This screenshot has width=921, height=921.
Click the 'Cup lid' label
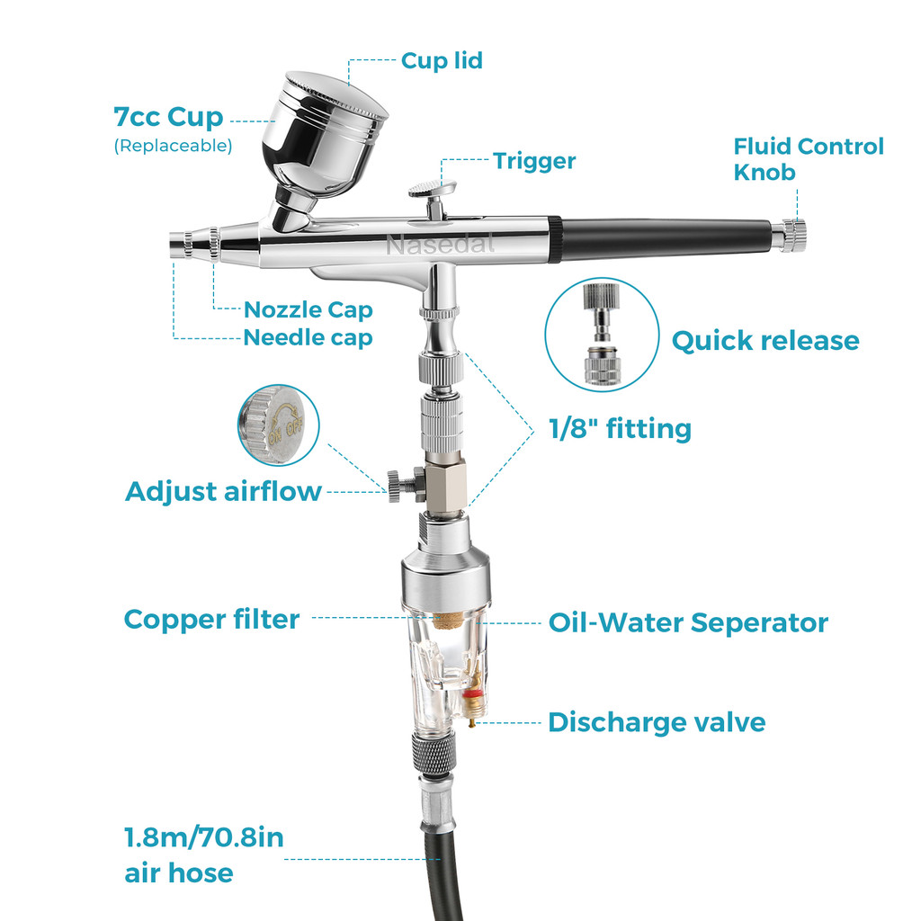[x=442, y=60]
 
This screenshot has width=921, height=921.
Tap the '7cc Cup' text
[x=168, y=117]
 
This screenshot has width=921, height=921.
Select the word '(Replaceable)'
[x=174, y=146]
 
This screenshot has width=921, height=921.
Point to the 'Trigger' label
[x=534, y=161]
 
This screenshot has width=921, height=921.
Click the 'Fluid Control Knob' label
[x=809, y=159]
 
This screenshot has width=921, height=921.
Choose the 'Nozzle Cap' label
[x=308, y=309]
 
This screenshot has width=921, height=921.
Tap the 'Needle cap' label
[x=308, y=338]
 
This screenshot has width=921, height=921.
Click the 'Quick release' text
[x=765, y=341]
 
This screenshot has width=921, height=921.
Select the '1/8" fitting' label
[x=620, y=428]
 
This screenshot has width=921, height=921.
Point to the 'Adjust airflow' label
[x=223, y=492]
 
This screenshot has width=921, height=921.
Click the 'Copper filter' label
[x=211, y=620]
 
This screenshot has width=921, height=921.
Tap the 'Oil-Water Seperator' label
[x=688, y=623]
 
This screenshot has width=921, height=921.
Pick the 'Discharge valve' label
[x=657, y=723]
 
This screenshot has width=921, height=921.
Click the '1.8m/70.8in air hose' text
[x=204, y=855]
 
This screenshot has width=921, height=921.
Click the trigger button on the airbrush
[x=433, y=189]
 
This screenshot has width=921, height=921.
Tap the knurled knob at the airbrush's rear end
[x=792, y=235]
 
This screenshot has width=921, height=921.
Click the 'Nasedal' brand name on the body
[x=440, y=245]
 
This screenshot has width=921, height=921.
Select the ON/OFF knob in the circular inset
[x=279, y=425]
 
